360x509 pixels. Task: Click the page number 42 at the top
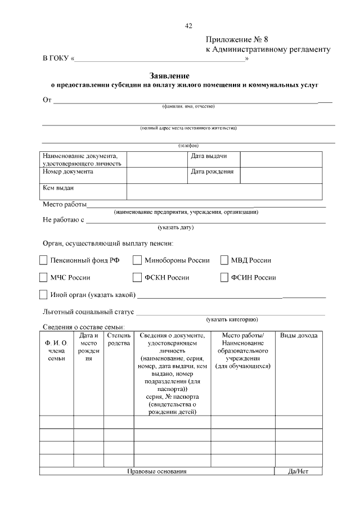tap(188, 26)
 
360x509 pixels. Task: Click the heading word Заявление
tap(169, 75)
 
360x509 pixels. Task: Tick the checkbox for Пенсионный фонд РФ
tap(43, 260)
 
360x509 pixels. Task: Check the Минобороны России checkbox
tap(137, 260)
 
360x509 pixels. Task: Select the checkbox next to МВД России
tap(224, 260)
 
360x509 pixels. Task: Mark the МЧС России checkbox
tap(43, 277)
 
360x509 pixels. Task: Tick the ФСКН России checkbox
tap(137, 277)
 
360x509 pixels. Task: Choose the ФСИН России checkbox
tap(224, 277)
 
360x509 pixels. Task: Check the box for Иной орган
tap(43, 294)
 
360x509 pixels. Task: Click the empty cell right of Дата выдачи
tap(282, 159)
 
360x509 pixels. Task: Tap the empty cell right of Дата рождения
tap(282, 175)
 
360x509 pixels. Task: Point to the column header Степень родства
tap(119, 339)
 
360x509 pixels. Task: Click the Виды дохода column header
tap(299, 336)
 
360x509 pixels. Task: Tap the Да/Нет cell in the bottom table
tap(298, 471)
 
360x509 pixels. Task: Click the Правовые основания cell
tap(156, 471)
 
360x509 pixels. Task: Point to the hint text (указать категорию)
tap(232, 319)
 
